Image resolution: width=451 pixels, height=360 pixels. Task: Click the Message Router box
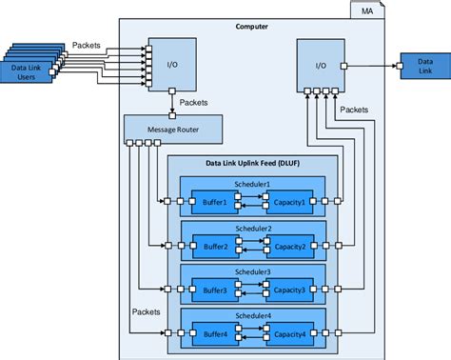(x=174, y=128)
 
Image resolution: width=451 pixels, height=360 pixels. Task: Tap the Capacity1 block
(x=290, y=202)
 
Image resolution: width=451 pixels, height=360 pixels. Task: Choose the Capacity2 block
(x=290, y=246)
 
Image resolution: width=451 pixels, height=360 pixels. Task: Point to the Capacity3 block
(x=290, y=290)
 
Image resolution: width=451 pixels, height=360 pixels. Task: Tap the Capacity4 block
(x=290, y=333)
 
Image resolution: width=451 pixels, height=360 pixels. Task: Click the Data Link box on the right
(x=418, y=66)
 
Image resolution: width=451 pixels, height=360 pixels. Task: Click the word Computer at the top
(x=251, y=26)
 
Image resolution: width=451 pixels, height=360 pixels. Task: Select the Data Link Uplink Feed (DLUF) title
(x=252, y=164)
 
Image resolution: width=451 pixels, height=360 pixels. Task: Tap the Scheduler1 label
(x=252, y=184)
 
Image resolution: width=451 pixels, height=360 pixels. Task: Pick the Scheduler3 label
(x=252, y=272)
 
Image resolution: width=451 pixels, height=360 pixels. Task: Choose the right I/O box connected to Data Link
(x=321, y=66)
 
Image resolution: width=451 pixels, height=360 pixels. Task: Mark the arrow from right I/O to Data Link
(x=372, y=66)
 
